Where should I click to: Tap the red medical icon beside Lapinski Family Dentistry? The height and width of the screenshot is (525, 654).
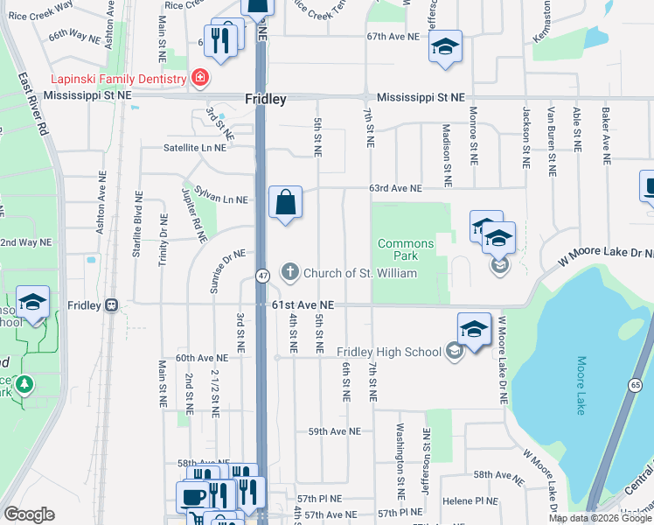point(200,78)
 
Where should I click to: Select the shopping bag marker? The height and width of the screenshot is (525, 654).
point(285,204)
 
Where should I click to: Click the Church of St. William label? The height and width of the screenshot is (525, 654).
point(360,272)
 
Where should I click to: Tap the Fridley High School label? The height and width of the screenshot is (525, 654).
point(389,352)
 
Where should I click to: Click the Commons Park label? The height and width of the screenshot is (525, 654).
point(406,249)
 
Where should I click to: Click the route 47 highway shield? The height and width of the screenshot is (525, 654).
point(262,276)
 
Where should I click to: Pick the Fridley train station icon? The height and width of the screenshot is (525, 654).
point(111,305)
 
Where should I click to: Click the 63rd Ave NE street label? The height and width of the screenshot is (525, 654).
point(395,188)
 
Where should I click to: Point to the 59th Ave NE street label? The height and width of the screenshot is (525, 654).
point(334,431)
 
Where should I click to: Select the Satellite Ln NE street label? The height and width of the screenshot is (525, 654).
point(194,148)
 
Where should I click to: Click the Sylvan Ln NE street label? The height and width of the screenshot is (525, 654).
point(221,199)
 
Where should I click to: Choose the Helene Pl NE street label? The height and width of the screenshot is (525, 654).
point(470,501)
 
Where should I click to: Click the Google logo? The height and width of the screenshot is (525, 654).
point(29,514)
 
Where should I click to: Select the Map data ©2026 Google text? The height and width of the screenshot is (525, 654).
point(599,518)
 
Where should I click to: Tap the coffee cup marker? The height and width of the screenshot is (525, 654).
point(192,497)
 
